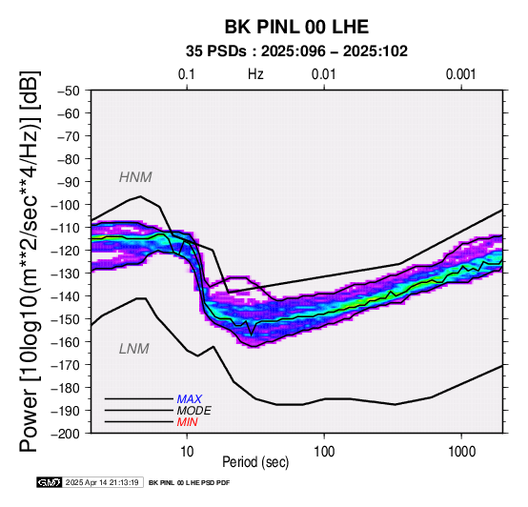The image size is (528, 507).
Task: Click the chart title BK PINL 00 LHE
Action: pyautogui.click(x=296, y=27)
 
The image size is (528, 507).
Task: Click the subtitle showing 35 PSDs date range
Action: pyautogui.click(x=296, y=51)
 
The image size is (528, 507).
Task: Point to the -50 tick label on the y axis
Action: pyautogui.click(x=69, y=91)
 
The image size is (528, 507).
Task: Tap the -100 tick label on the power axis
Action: pyautogui.click(x=66, y=205)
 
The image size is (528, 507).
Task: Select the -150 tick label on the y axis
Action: pyautogui.click(x=66, y=319)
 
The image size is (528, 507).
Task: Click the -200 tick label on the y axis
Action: pyautogui.click(x=66, y=434)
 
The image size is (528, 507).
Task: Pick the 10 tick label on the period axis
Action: pyautogui.click(x=187, y=452)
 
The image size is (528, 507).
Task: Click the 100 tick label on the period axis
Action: pyautogui.click(x=324, y=452)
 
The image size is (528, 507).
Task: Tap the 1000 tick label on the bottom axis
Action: pyautogui.click(x=461, y=452)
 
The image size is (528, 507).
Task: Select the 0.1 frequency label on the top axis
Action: pyautogui.click(x=187, y=74)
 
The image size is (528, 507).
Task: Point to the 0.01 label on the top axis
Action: pyautogui.click(x=324, y=74)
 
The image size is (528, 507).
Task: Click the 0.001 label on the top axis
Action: pyautogui.click(x=461, y=74)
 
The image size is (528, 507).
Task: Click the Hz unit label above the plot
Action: pyautogui.click(x=255, y=74)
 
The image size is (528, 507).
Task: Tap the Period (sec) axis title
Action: pyautogui.click(x=255, y=462)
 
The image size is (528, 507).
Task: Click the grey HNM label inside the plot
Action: pyautogui.click(x=135, y=177)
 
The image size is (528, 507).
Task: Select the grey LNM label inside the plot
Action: pyautogui.click(x=134, y=349)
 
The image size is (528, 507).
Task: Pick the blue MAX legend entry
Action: pyautogui.click(x=190, y=399)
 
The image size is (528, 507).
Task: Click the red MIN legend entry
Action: pyautogui.click(x=187, y=422)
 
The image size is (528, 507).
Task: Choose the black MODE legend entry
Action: pyautogui.click(x=194, y=411)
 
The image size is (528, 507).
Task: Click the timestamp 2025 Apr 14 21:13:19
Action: pyautogui.click(x=102, y=483)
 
